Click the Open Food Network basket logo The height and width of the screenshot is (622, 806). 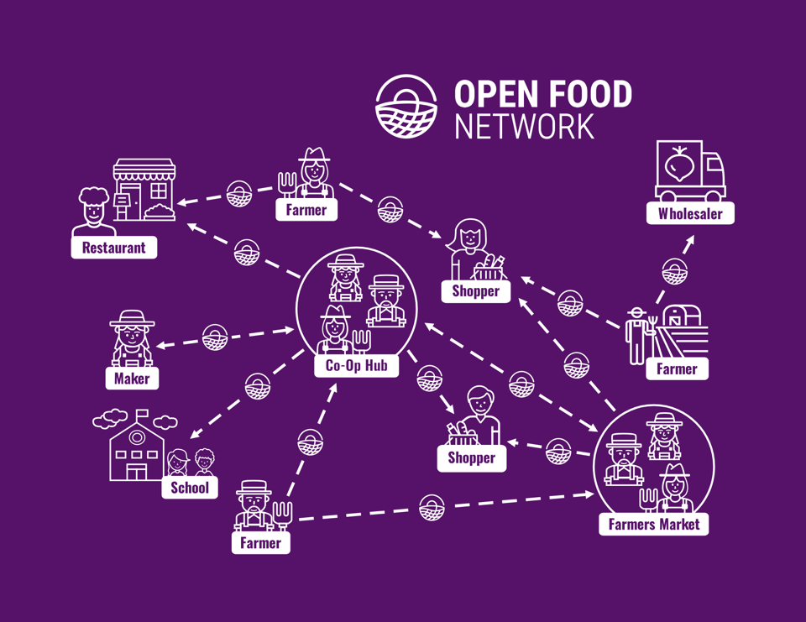click(x=407, y=107)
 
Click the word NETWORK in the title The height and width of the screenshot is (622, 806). click(x=524, y=126)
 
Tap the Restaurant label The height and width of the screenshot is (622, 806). click(x=113, y=248)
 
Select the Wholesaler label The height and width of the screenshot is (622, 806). click(x=690, y=213)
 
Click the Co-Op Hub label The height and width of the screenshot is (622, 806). click(x=356, y=366)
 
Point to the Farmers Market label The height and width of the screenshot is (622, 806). click(x=654, y=525)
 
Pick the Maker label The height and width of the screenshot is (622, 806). click(x=132, y=379)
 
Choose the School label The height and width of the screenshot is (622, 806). click(x=190, y=488)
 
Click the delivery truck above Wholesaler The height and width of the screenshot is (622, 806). click(x=690, y=171)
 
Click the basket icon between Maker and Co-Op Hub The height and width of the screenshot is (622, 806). click(x=215, y=337)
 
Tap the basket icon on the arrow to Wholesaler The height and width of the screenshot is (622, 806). click(x=675, y=272)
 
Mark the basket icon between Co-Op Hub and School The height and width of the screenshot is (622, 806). click(x=258, y=385)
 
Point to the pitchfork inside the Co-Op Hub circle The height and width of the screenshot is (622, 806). click(x=361, y=340)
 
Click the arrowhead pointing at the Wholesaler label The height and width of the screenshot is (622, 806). click(x=692, y=239)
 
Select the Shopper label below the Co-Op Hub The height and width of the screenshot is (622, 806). click(x=472, y=458)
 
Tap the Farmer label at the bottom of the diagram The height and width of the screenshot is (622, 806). click(x=260, y=543)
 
